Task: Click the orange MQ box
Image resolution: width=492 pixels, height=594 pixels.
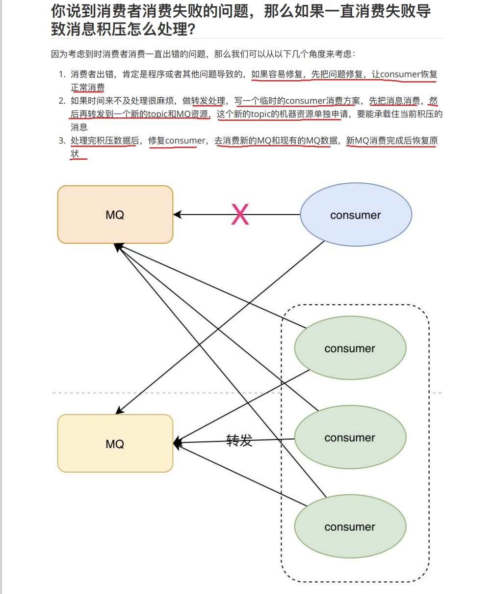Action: [115, 215]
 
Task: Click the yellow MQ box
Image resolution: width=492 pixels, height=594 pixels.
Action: [115, 444]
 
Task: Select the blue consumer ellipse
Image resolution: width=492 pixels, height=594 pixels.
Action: [356, 215]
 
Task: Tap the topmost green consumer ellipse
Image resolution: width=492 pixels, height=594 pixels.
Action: [350, 348]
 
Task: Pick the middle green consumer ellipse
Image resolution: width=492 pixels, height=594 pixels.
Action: [350, 437]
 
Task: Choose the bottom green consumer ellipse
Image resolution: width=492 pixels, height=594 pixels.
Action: [350, 527]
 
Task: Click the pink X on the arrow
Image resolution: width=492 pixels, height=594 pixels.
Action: [240, 215]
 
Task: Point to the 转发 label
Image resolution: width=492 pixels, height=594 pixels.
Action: [239, 440]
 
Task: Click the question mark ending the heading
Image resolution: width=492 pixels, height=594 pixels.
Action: [192, 29]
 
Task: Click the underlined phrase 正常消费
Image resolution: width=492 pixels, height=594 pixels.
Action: [88, 88]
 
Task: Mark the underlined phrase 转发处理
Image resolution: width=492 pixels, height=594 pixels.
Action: [208, 101]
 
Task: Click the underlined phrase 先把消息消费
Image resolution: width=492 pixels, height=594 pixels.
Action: [394, 101]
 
